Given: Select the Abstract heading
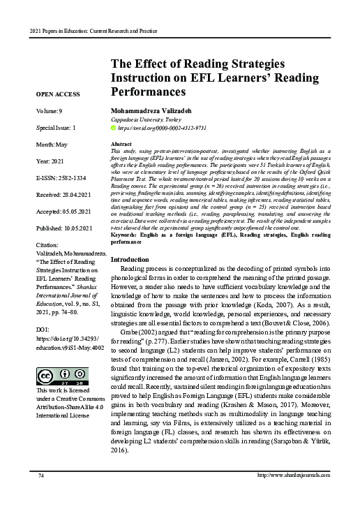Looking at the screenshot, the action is [x=122, y=142].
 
